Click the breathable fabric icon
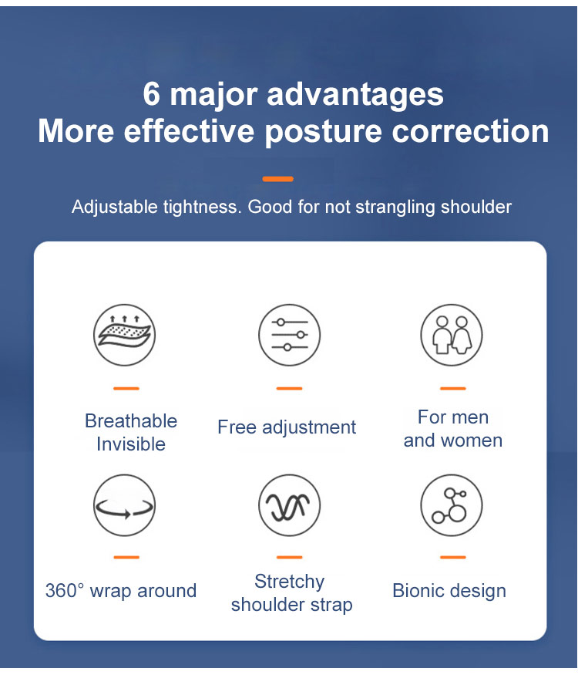124,335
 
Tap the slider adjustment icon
290,335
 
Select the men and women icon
452,335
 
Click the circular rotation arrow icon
124,505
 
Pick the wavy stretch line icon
290,505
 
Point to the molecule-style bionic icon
452,505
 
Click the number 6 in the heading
151,94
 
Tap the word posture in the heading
323,132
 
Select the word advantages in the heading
355,95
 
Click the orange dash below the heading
277,179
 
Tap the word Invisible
131,444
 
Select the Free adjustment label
287,427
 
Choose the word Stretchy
290,582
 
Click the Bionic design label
449,591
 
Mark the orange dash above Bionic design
453,557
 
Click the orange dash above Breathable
126,388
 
